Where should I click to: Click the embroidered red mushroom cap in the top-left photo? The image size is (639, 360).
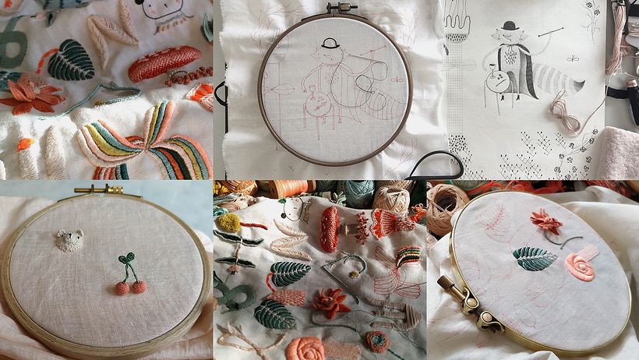click(x=164, y=63)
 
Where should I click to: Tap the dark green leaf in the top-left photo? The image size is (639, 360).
click(x=71, y=60)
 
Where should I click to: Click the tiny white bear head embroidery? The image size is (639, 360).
click(x=70, y=240)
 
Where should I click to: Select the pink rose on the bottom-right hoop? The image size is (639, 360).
click(x=579, y=266)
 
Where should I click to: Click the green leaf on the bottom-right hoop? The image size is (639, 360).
click(x=534, y=259)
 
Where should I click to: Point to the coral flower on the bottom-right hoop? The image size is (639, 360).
click(x=546, y=222)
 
